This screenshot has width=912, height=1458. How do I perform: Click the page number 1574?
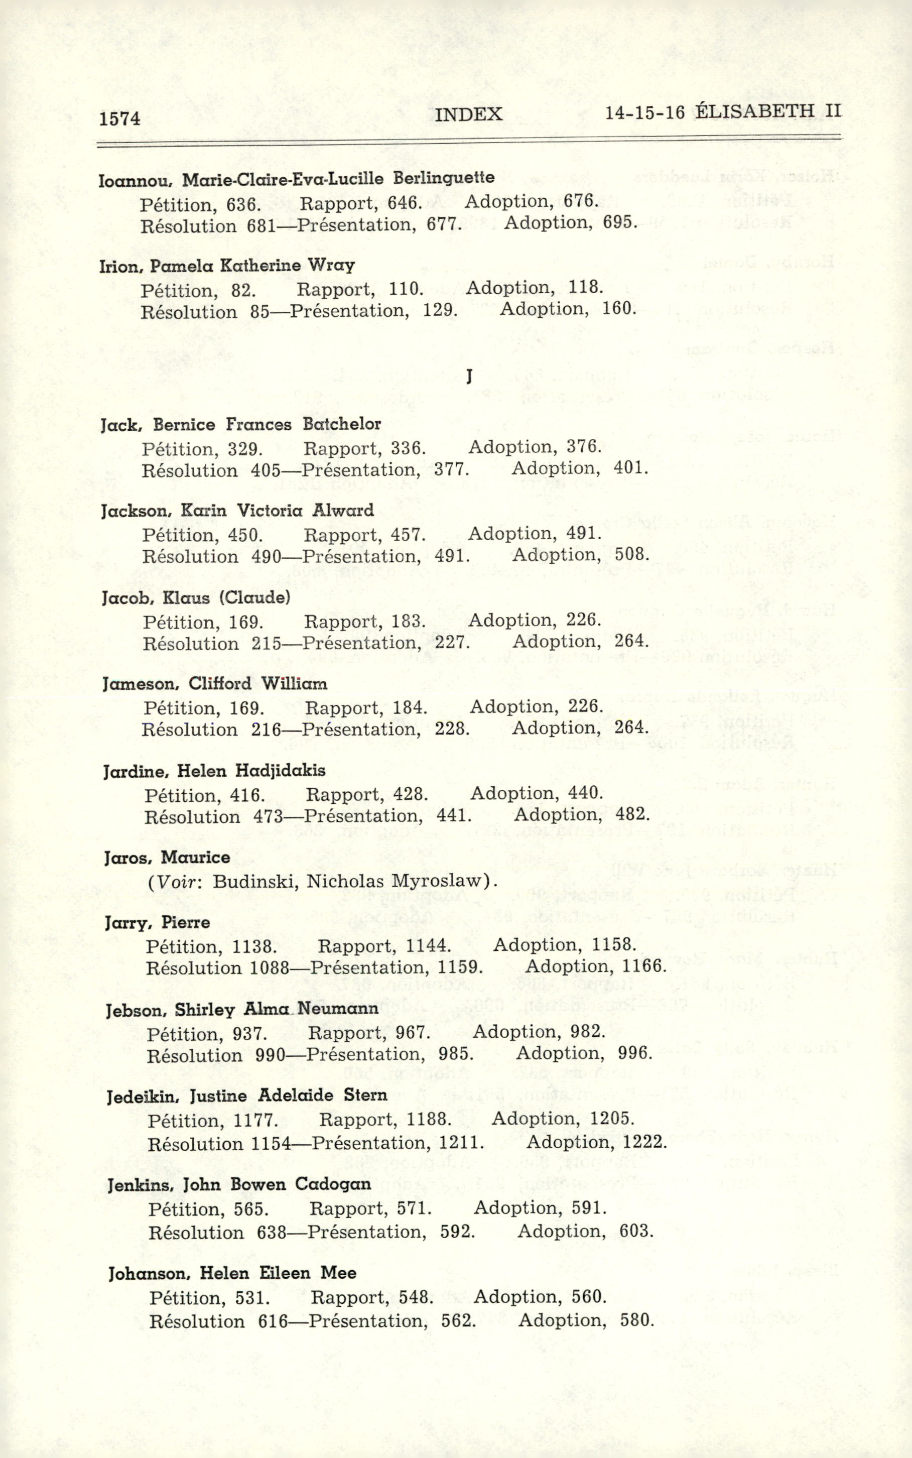click(120, 118)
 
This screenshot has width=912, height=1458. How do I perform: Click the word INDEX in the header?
click(468, 114)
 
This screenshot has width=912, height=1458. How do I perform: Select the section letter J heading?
click(469, 378)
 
